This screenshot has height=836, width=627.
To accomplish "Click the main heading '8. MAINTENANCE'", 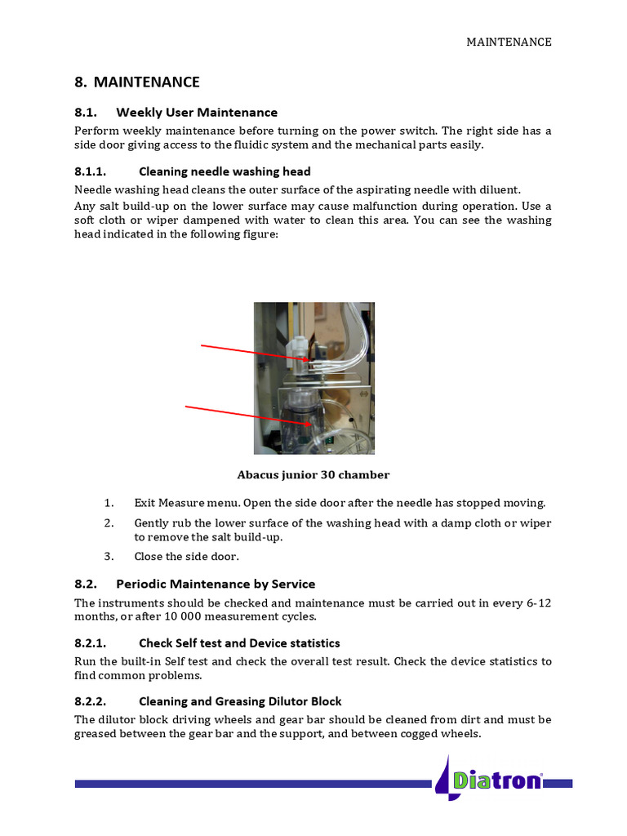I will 137,82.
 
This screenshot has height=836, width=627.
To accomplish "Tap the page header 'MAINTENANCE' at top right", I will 509,42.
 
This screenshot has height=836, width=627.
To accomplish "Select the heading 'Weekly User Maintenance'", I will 197,113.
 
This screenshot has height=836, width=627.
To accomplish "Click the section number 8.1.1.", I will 90,171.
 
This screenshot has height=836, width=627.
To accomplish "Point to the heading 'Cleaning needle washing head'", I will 225,171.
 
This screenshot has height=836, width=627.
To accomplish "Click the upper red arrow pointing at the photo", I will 253,352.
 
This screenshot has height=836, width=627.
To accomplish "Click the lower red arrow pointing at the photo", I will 247,415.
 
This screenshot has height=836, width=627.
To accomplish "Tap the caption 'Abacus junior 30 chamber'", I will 313,475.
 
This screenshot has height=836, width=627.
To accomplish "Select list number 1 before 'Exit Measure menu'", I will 109,503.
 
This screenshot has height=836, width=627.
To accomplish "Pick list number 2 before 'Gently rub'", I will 109,522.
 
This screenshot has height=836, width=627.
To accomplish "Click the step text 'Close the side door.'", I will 187,557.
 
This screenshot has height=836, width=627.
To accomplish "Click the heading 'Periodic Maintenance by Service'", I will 216,584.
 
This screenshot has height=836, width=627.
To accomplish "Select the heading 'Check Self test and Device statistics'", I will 239,643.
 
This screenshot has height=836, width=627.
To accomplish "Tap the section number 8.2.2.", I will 90,701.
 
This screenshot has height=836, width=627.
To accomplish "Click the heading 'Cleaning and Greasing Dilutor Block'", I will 240,701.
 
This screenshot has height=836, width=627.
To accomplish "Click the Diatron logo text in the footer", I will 497,780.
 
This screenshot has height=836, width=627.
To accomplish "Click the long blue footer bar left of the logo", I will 253,784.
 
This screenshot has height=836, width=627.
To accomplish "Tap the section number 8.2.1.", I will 90,643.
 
